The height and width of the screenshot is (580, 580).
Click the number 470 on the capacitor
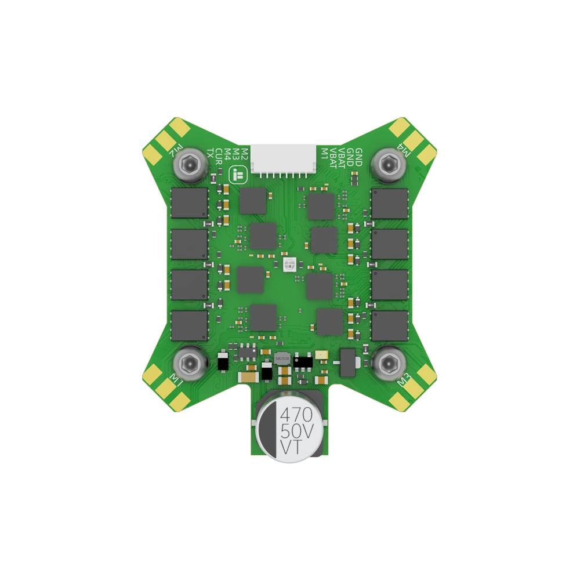[296, 415]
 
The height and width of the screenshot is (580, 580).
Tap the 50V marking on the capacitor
[296, 432]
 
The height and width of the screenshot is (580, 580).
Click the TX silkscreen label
[210, 154]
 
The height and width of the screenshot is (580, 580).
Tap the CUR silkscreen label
[219, 156]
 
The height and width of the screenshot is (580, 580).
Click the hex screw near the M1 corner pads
[188, 364]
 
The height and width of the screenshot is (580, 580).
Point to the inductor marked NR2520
[282, 358]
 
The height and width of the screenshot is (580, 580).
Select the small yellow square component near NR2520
[322, 354]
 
